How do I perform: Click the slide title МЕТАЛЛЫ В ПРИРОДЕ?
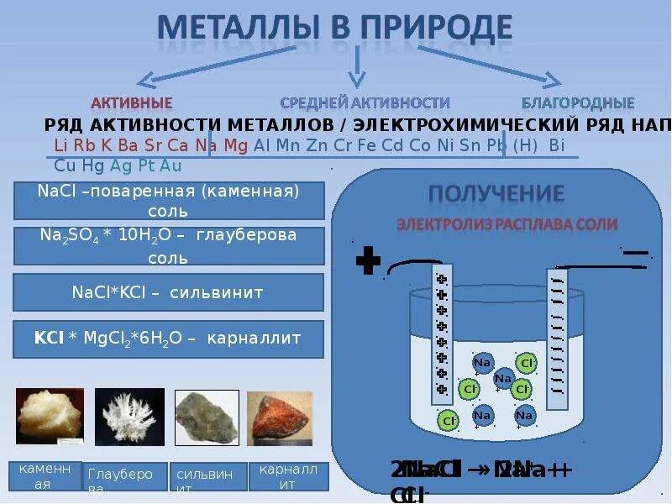point(335,27)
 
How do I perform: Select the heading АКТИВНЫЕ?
point(131,103)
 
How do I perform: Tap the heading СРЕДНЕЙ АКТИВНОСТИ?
point(365,103)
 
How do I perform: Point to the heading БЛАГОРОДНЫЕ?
point(577,103)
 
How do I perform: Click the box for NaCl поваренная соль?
point(169,201)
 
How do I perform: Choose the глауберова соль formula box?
point(169,245)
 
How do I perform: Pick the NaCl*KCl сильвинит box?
point(169,292)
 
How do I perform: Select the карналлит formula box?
point(169,339)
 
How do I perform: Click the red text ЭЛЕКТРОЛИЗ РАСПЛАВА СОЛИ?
point(507,224)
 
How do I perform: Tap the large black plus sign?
point(368,261)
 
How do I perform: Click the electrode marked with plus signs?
point(441,333)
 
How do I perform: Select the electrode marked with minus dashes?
point(557,336)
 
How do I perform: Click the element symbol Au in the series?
point(171,165)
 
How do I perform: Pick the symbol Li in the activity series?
point(60,145)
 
